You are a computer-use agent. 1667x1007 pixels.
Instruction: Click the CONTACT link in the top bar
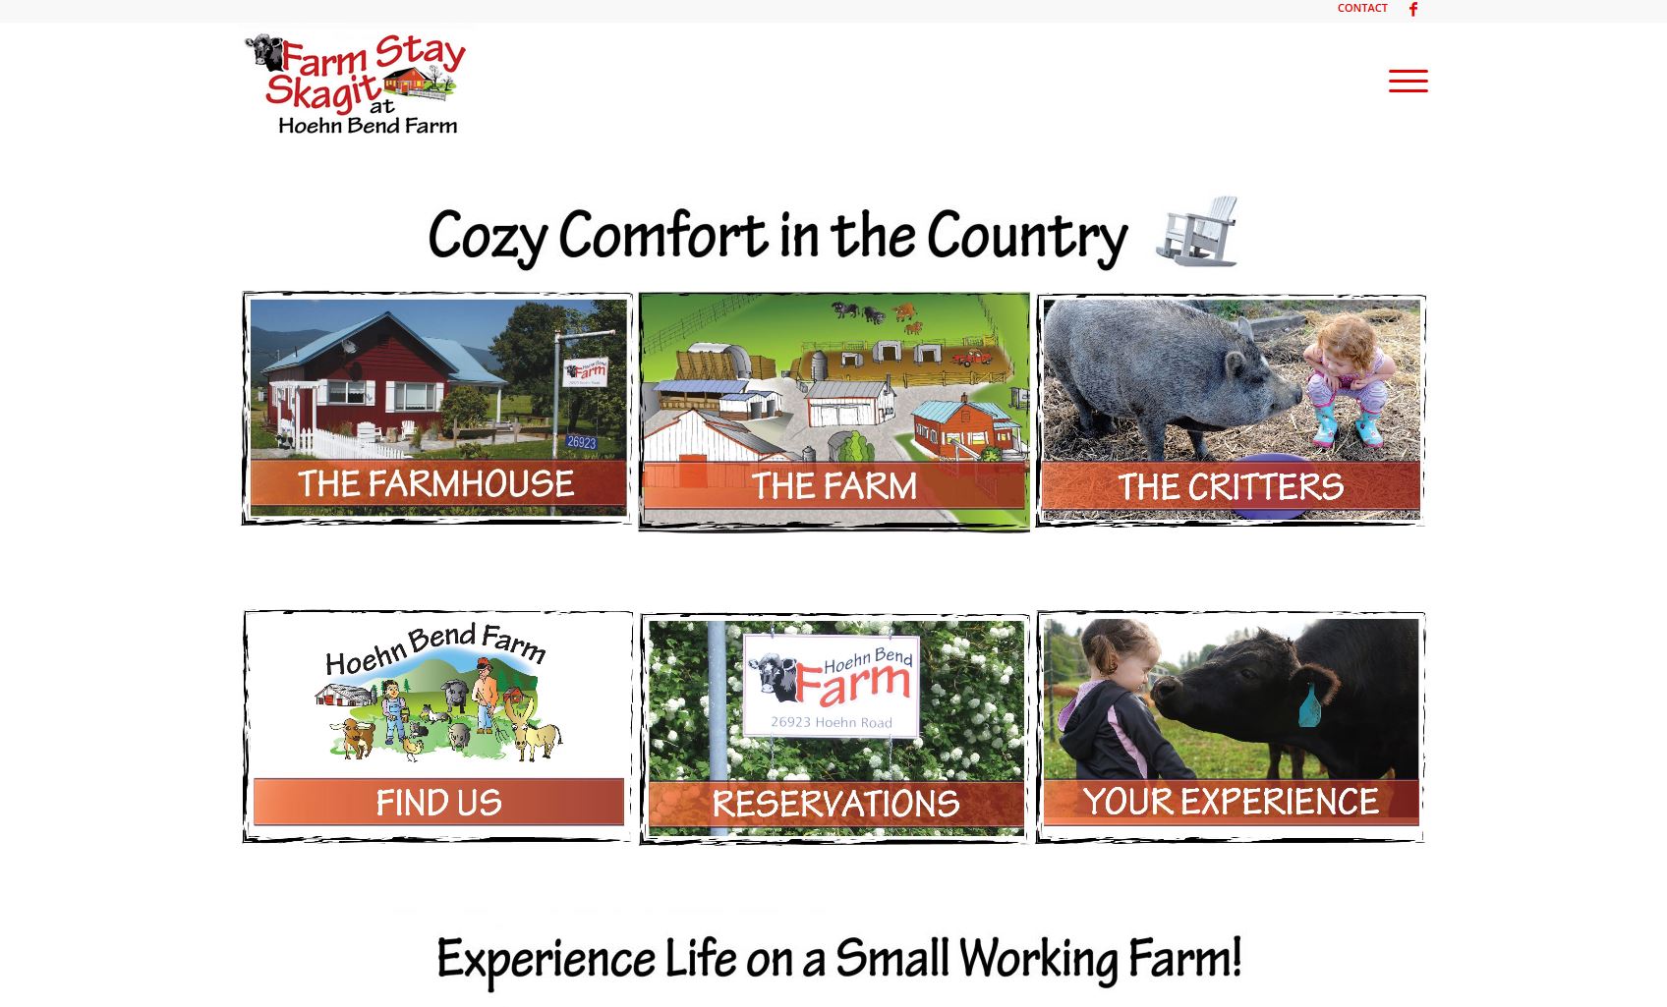[x=1362, y=8]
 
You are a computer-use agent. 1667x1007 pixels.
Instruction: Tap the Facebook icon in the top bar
[x=1413, y=9]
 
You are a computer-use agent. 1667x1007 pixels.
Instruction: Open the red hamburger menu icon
[x=1408, y=82]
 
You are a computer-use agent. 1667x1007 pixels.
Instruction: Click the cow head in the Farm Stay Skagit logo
[x=263, y=51]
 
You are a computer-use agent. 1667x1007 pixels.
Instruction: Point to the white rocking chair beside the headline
[x=1197, y=231]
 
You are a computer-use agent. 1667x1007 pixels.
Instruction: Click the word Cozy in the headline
[x=488, y=237]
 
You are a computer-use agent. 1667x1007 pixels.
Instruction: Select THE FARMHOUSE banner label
[x=436, y=484]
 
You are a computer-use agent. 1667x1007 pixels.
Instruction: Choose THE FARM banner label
[x=834, y=486]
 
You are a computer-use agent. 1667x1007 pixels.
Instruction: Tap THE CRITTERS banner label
[x=1231, y=487]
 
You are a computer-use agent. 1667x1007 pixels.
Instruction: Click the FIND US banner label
[x=438, y=803]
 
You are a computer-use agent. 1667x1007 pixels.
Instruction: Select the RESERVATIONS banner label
[x=835, y=804]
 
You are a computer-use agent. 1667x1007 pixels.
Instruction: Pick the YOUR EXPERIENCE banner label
[x=1231, y=802]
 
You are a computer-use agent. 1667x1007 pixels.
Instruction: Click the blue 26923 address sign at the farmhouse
[x=581, y=442]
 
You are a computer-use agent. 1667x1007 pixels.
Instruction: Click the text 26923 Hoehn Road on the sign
[x=832, y=722]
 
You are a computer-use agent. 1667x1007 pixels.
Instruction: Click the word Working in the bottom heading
[x=1038, y=960]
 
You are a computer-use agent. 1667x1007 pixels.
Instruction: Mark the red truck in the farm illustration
[x=971, y=358]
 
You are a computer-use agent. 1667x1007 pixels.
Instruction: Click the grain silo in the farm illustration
[x=819, y=365]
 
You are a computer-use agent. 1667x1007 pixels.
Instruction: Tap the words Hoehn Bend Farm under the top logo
[x=368, y=126]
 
